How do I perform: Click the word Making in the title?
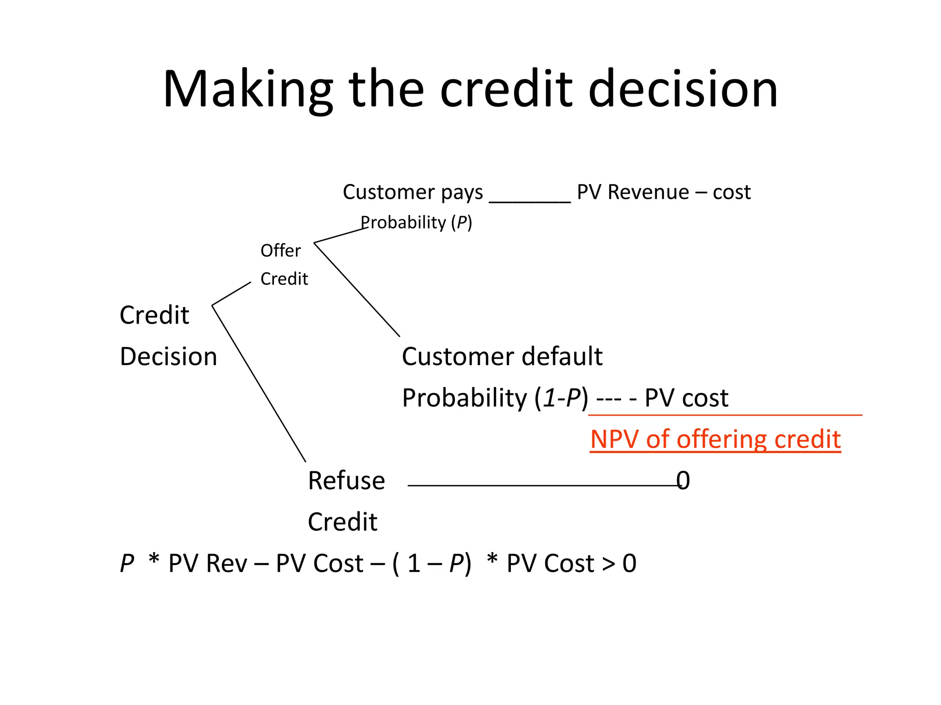247,90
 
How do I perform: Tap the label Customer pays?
413,192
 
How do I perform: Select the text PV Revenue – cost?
663,192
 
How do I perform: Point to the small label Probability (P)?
416,223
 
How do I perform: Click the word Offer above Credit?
280,251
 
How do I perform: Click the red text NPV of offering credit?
715,439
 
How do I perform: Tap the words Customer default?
502,357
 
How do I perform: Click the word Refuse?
346,481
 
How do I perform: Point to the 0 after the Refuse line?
683,481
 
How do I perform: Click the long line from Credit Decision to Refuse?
259,383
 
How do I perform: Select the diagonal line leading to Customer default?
357,289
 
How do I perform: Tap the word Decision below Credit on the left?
168,357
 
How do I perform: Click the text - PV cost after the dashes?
680,398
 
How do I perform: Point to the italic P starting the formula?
127,563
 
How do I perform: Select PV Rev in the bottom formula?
207,563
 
